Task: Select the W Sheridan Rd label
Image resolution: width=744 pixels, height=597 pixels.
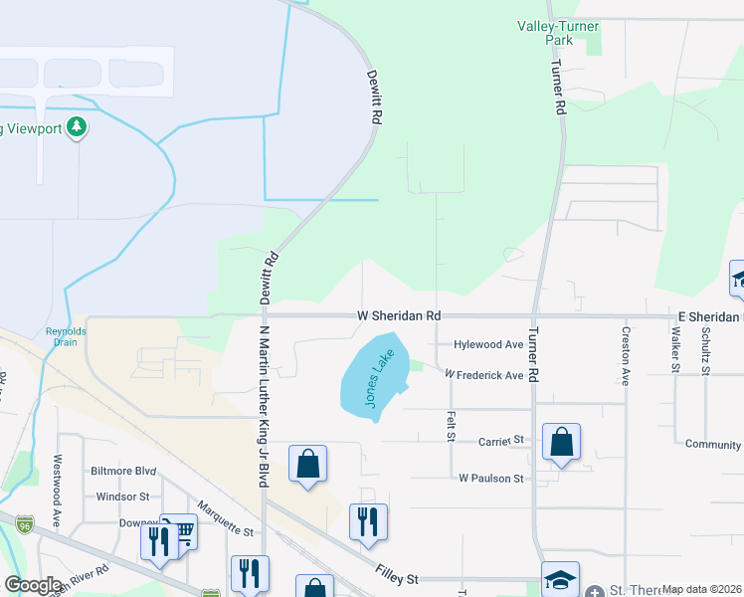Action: pyautogui.click(x=399, y=315)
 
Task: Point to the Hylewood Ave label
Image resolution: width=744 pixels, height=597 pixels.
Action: pyautogui.click(x=487, y=344)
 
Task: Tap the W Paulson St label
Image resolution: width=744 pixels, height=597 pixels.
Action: pyautogui.click(x=490, y=479)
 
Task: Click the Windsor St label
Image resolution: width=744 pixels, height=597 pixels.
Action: pyautogui.click(x=122, y=496)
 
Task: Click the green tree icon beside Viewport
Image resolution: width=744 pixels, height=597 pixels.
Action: pyautogui.click(x=77, y=127)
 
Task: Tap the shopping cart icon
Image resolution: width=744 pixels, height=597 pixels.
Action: pyautogui.click(x=182, y=532)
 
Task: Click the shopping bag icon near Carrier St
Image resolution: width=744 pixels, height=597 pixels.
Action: pyautogui.click(x=561, y=441)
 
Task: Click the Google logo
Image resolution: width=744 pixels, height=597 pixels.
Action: pyautogui.click(x=32, y=585)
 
